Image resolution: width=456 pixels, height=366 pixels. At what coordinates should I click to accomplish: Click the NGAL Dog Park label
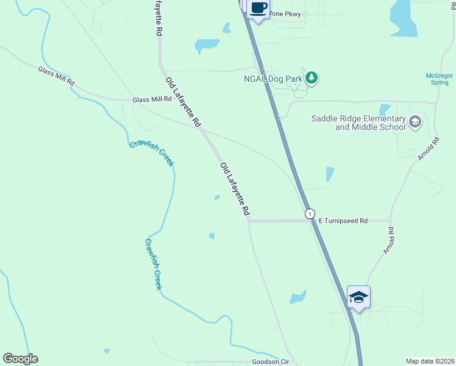tap(274, 78)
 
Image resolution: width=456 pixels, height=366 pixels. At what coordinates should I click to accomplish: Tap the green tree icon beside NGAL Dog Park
tap(312, 77)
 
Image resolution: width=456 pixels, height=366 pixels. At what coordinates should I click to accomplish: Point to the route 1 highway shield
tap(310, 213)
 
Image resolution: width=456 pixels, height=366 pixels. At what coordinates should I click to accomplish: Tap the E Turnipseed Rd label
tap(343, 220)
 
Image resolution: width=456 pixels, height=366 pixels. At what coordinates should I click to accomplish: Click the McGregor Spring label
tap(440, 79)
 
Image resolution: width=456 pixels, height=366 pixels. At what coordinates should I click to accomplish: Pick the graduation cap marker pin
tap(358, 297)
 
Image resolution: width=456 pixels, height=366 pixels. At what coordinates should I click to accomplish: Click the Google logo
tap(20, 359)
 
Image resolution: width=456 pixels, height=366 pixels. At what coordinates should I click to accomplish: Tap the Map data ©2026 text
tap(429, 361)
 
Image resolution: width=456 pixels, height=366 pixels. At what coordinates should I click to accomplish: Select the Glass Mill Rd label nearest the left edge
tap(56, 76)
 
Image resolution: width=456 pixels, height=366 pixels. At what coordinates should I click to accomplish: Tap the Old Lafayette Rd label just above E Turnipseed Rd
tap(235, 189)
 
